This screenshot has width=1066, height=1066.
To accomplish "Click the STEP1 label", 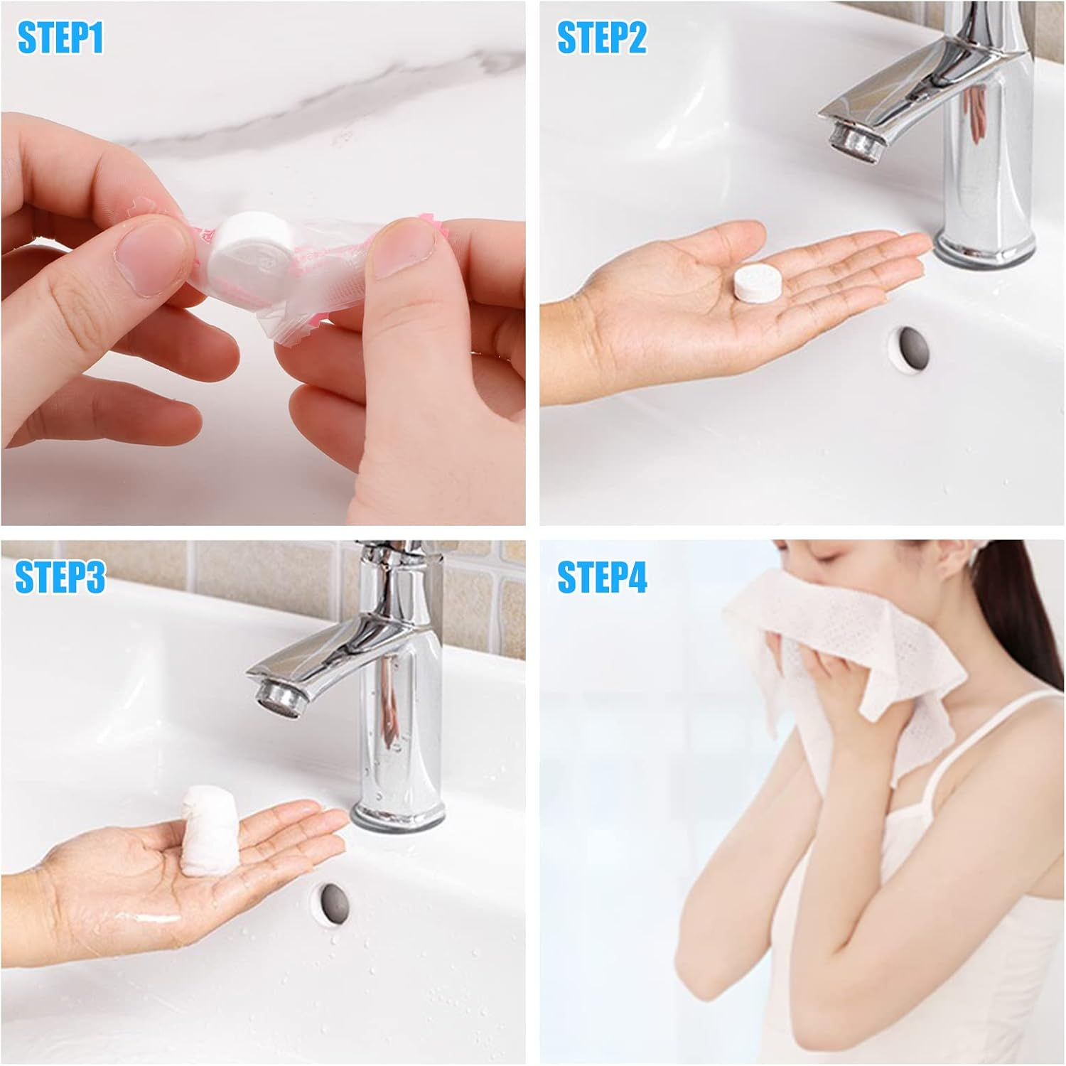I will (60, 38).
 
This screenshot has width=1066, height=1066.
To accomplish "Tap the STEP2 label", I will (601, 38).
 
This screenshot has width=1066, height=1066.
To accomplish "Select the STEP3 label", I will (60, 576).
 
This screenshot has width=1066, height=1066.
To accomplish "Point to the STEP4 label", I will (602, 576).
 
